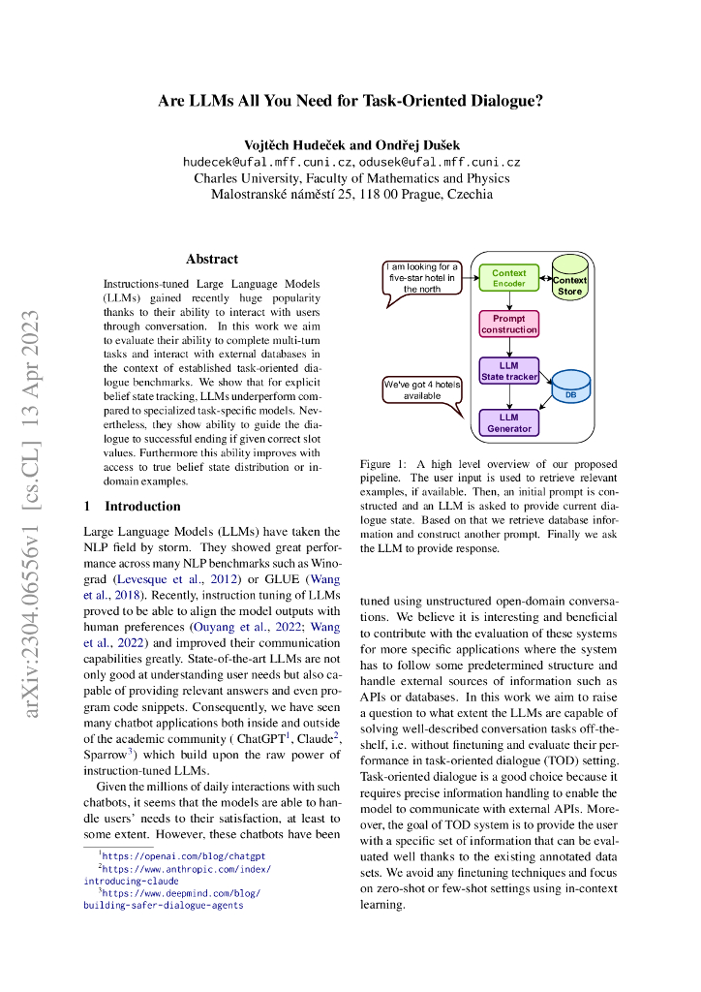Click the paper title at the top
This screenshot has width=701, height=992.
point(350,100)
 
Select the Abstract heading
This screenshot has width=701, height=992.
point(212,259)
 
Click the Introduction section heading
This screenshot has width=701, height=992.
point(132,506)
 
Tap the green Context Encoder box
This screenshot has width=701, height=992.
point(509,279)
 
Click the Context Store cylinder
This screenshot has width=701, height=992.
point(569,279)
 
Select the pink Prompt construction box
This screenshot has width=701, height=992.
point(509,324)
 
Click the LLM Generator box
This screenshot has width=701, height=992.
point(509,422)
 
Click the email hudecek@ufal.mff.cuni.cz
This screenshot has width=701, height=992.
point(268,163)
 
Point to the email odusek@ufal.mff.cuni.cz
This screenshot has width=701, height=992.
point(441,163)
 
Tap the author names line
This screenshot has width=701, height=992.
point(350,143)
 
